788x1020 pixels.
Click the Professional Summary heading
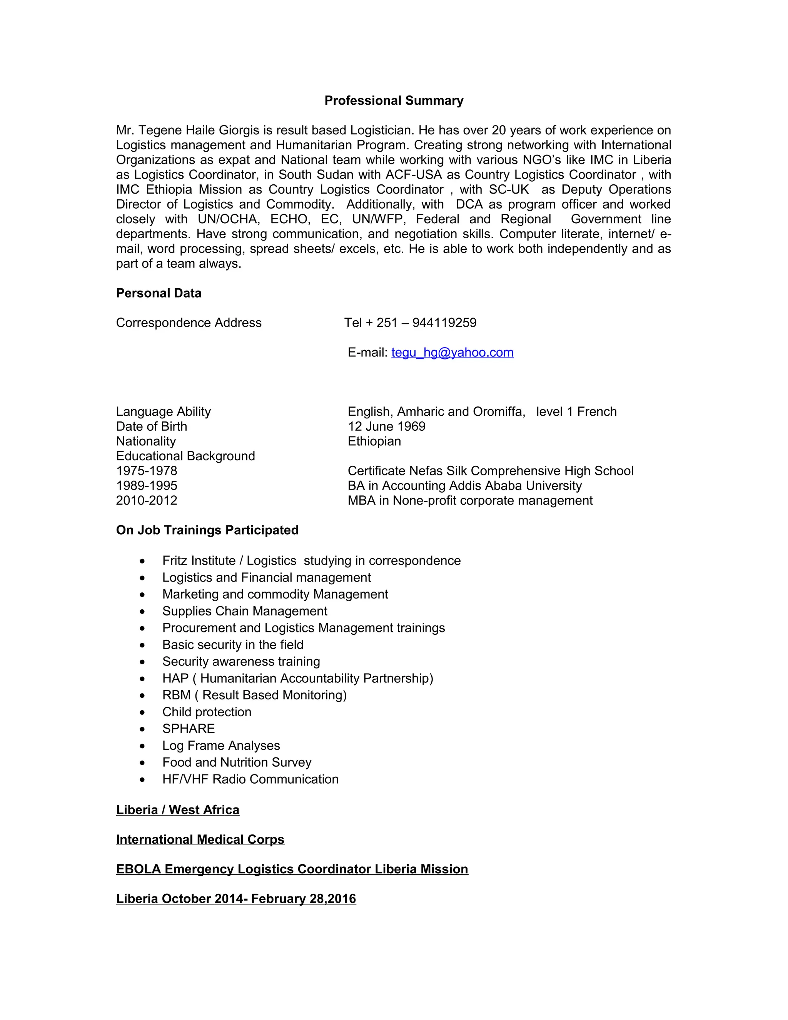pos(394,100)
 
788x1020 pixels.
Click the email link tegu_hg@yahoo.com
pos(452,352)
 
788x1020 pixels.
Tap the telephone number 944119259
pos(444,323)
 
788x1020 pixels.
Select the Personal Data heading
pos(159,293)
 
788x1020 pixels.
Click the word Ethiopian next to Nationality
pos(374,441)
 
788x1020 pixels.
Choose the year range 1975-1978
pos(147,471)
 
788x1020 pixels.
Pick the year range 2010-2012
pos(147,501)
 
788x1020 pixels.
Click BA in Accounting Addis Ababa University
pos(464,486)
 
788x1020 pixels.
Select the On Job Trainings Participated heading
pos(207,530)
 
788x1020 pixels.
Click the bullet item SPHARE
pos(189,729)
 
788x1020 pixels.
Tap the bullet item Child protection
pos(207,712)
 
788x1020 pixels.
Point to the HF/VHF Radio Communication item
pos(250,779)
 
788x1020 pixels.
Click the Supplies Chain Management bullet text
pos(245,611)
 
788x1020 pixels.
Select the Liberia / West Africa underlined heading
pos(177,810)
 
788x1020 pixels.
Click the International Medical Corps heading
pos(200,839)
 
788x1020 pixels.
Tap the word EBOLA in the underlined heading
pos(138,869)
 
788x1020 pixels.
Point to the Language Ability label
pos(164,411)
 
